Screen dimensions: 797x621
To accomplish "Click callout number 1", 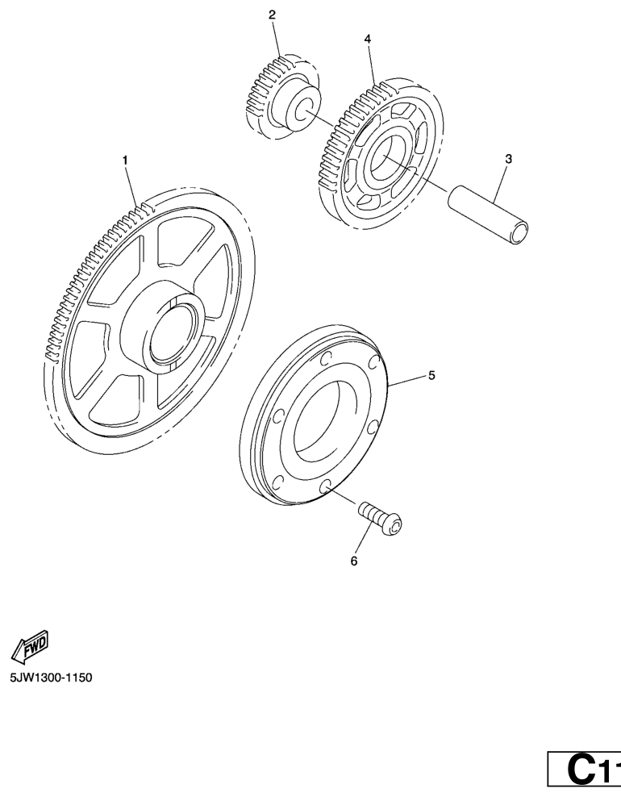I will pos(125,161).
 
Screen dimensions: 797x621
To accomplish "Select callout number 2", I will pos(272,15).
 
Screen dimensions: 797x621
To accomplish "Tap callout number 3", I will pos(508,160).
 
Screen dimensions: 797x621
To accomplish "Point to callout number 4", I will pos(368,38).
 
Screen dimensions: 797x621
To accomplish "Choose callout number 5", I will pos(431,375).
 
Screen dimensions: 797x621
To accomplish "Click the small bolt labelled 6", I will pos(381,517).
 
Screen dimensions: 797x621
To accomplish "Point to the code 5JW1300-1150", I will pos(52,678).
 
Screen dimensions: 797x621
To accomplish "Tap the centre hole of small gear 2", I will pos(305,112).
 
